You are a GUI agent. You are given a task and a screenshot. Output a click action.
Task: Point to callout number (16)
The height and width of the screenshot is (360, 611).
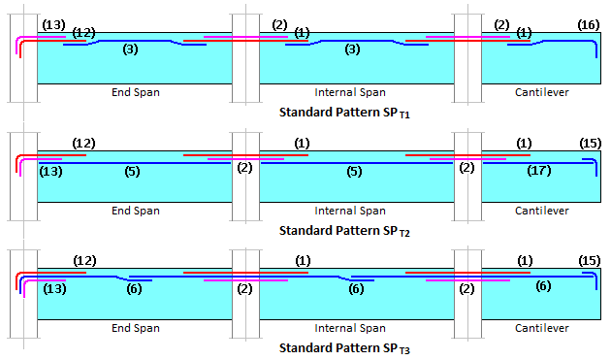point(588,23)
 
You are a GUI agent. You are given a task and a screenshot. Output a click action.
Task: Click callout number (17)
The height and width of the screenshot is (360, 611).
point(543,170)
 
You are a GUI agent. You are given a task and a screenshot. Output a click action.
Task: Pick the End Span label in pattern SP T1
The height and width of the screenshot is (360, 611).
point(135,92)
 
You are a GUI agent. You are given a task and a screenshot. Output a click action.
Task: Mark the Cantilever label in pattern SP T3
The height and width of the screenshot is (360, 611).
point(541,328)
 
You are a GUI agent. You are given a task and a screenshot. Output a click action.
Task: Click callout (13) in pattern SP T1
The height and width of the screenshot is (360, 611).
point(53,23)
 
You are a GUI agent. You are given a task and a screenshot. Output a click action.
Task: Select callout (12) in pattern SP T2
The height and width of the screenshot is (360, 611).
point(85,143)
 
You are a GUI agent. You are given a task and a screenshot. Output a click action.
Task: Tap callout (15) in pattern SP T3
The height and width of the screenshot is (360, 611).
point(588,260)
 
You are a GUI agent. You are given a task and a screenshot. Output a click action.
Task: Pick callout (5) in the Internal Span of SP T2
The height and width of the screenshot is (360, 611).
point(353,170)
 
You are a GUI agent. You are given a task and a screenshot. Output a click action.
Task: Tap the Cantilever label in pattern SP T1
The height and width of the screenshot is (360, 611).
point(541,92)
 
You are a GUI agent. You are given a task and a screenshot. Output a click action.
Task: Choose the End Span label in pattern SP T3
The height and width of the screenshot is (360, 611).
point(135,328)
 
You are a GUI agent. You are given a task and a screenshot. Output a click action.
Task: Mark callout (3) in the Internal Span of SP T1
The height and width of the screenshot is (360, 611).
point(353,49)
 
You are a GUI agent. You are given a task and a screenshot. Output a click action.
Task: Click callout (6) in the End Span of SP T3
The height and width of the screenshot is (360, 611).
point(135,288)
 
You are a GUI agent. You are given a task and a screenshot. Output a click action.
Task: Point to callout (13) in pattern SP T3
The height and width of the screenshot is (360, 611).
point(55,288)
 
